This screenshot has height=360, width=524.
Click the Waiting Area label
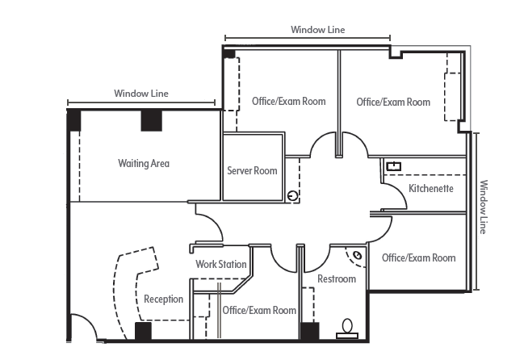tap(144, 164)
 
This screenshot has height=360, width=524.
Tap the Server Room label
tap(252, 171)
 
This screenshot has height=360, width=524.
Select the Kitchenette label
tap(430, 189)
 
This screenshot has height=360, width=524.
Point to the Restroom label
tap(336, 279)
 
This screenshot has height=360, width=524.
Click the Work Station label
tap(220, 265)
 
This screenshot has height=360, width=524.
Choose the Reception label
tap(163, 299)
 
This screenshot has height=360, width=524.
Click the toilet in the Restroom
tap(348, 327)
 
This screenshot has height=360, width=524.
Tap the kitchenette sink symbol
tap(394, 166)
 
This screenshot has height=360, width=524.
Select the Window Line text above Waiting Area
tap(141, 94)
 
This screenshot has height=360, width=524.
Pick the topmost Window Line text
tap(318, 30)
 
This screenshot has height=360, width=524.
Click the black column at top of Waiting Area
tap(152, 120)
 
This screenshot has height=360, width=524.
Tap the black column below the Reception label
tap(143, 331)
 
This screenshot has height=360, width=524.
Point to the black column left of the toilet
tap(308, 331)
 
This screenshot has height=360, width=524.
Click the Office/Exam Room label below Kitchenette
tap(418, 258)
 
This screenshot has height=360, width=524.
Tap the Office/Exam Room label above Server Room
tap(289, 102)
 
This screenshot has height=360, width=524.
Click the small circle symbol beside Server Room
tap(293, 195)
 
